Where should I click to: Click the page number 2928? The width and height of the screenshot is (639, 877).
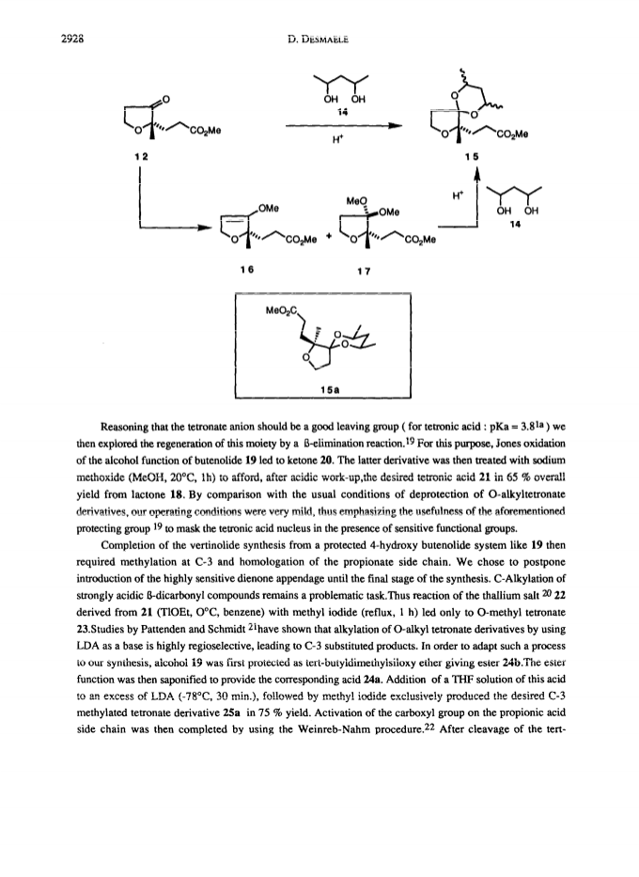tap(71, 39)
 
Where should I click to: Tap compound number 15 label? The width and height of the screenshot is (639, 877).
tap(472, 157)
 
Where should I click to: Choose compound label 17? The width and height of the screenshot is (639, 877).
tap(364, 272)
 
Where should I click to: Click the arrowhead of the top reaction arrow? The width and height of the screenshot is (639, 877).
tap(397, 126)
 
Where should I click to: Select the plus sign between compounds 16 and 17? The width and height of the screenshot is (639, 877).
tap(329, 237)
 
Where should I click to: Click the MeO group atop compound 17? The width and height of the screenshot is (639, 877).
tap(356, 199)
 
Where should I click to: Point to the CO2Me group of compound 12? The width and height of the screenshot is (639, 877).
tap(205, 132)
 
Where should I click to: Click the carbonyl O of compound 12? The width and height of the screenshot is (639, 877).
tap(165, 100)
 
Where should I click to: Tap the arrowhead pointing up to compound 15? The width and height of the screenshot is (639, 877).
tap(476, 176)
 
